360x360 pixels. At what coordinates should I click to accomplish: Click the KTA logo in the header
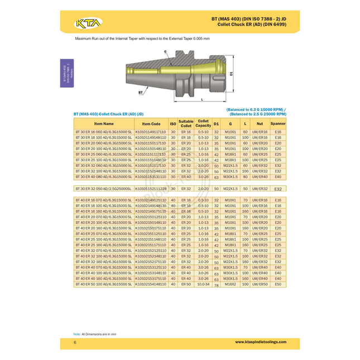pyautogui.click(x=87, y=24)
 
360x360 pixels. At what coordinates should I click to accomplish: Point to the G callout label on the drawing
pyautogui.click(x=165, y=51)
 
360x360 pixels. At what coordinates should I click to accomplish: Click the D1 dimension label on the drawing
pyautogui.click(x=232, y=73)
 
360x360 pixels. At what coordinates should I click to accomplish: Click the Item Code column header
pyautogui.click(x=151, y=123)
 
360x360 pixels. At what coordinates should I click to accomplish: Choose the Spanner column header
pyautogui.click(x=278, y=123)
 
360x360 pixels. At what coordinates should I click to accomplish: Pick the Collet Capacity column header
pyautogui.click(x=203, y=123)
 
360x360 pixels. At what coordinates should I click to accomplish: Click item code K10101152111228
pyautogui.click(x=151, y=189)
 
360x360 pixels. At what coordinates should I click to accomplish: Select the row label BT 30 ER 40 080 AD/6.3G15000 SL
pyautogui.click(x=104, y=176)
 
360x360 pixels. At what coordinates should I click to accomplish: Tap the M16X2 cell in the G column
pyautogui.click(x=231, y=284)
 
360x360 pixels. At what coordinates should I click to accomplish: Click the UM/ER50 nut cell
pyautogui.click(x=260, y=284)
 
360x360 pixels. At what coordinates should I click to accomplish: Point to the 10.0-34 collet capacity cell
pyautogui.click(x=203, y=284)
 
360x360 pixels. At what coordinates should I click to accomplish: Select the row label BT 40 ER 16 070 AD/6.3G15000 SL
pyautogui.click(x=104, y=200)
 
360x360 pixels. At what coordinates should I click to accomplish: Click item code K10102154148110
pyautogui.click(x=151, y=284)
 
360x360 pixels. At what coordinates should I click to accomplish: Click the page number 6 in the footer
pyautogui.click(x=75, y=342)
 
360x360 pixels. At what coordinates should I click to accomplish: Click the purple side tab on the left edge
pyautogui.click(x=65, y=73)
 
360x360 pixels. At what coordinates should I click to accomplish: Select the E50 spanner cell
pyautogui.click(x=278, y=284)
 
